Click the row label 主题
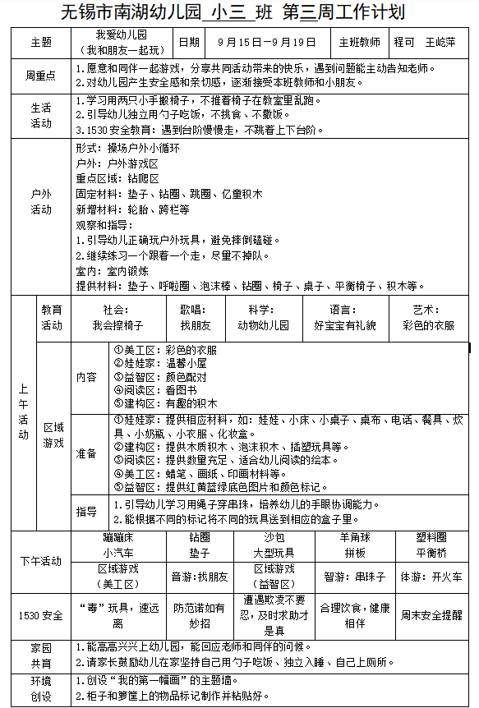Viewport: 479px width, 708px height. (x=40, y=42)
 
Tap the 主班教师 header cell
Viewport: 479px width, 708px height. (x=359, y=42)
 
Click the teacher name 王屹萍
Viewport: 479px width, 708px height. (x=440, y=42)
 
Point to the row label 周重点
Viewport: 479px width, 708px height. (x=40, y=76)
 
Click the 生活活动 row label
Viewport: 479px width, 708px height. (x=40, y=115)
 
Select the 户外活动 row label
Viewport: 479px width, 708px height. (x=40, y=202)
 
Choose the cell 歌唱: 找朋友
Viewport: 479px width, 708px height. (x=195, y=318)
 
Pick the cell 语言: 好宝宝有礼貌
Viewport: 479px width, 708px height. (x=344, y=318)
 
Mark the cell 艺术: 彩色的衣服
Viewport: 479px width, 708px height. (x=427, y=318)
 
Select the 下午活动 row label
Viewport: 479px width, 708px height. (x=40, y=562)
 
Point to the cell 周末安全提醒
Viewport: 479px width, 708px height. (x=431, y=614)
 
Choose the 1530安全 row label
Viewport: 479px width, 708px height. (x=40, y=615)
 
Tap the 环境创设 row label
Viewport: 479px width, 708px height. (x=40, y=689)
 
